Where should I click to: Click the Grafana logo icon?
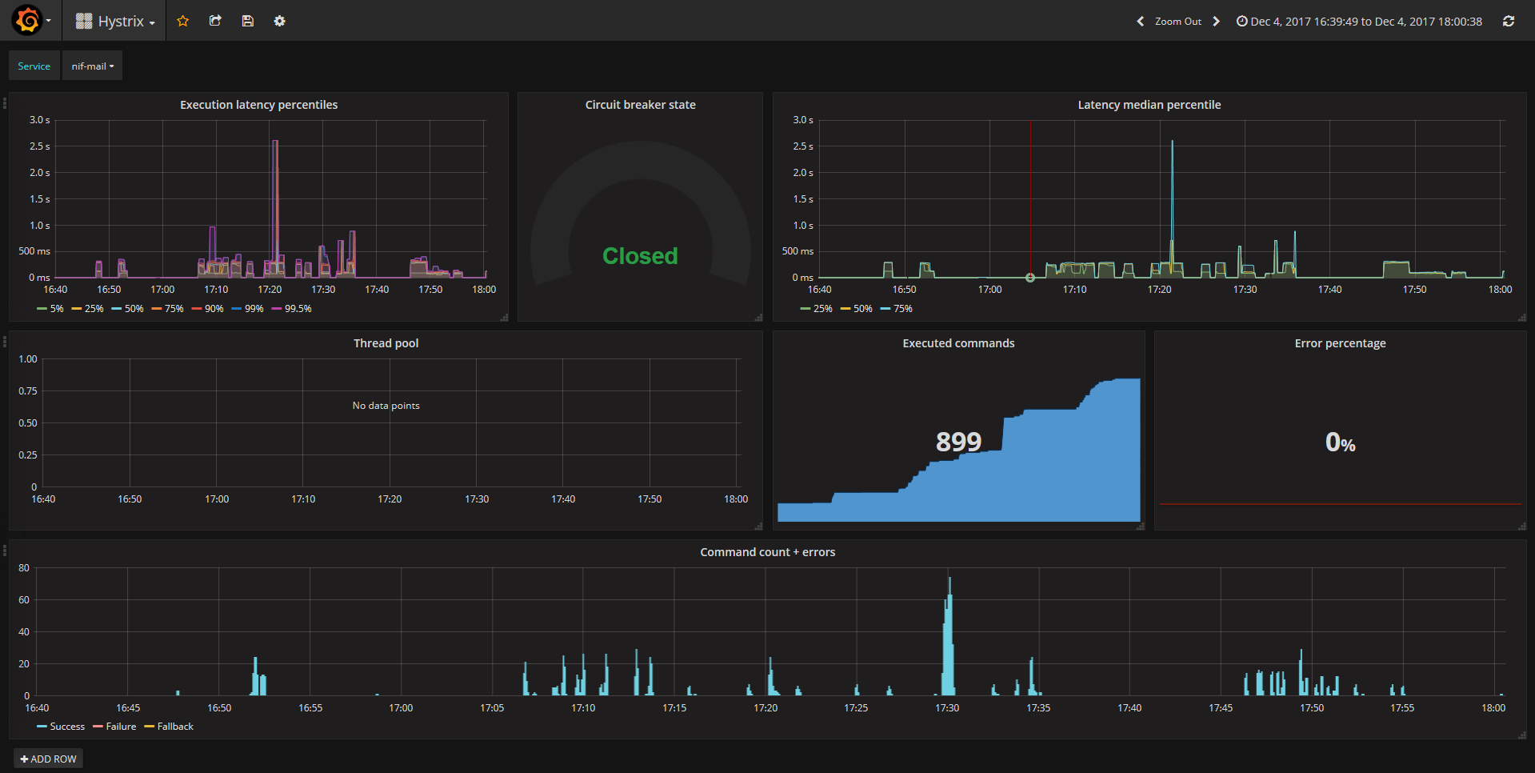(28, 20)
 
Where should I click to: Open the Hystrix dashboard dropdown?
(116, 22)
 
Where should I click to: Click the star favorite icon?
(183, 22)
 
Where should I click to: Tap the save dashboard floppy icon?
(248, 22)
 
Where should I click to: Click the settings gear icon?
(279, 22)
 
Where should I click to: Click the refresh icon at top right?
(1509, 22)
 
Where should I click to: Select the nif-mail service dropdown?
(92, 66)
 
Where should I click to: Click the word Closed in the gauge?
(640, 256)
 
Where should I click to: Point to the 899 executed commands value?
(958, 441)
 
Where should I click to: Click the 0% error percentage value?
(1340, 443)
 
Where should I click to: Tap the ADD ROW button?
(49, 759)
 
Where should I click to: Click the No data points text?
(386, 406)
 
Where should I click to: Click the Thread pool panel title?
(386, 343)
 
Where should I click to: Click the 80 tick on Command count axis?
(24, 568)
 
